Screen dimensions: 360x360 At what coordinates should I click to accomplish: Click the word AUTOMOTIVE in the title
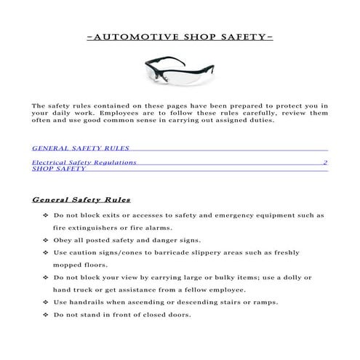pyautogui.click(x=125, y=35)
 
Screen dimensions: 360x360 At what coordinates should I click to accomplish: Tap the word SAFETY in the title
pyautogui.click(x=241, y=35)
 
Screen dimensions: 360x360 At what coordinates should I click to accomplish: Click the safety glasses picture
pyautogui.click(x=179, y=71)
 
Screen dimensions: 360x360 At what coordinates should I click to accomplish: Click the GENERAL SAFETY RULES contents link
pyautogui.click(x=70, y=147)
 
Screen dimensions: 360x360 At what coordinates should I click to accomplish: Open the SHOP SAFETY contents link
pyautogui.click(x=59, y=169)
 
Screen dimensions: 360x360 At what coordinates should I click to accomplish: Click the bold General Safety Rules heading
pyautogui.click(x=81, y=199)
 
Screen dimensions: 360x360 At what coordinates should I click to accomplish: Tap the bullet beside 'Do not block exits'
pyautogui.click(x=47, y=215)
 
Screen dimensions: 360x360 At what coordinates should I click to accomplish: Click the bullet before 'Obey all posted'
pyautogui.click(x=47, y=240)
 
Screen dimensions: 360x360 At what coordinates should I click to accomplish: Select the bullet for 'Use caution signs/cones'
pyautogui.click(x=47, y=252)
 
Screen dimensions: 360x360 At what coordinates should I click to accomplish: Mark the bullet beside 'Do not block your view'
pyautogui.click(x=47, y=277)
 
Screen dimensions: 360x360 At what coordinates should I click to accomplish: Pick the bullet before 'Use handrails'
pyautogui.click(x=47, y=302)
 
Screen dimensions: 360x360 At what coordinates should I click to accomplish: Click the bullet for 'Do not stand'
pyautogui.click(x=47, y=314)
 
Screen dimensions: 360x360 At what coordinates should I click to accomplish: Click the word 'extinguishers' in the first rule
pyautogui.click(x=92, y=228)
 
